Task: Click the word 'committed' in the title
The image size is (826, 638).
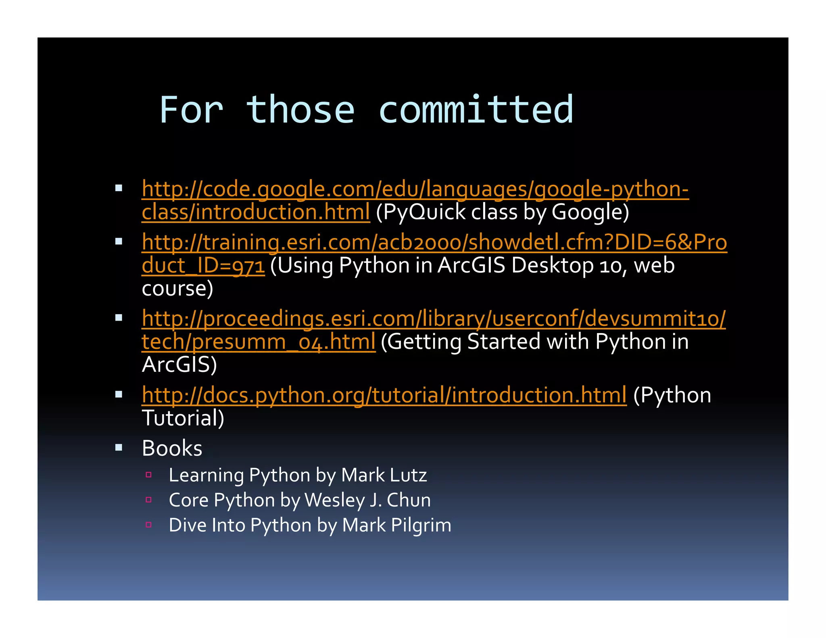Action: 476,110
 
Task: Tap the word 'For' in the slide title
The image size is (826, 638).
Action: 191,110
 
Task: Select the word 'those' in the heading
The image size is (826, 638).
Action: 300,110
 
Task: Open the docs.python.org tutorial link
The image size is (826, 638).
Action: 384,395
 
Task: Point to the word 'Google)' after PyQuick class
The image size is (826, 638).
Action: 590,212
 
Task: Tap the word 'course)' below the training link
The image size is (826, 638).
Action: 177,288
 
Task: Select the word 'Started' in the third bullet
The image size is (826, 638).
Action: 504,342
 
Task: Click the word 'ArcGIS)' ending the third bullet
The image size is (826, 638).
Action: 179,365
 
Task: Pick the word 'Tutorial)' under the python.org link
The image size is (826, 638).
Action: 183,418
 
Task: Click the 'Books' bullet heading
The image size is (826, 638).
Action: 172,448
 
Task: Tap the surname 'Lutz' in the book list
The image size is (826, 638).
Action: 408,475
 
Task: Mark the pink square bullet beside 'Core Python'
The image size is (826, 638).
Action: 148,500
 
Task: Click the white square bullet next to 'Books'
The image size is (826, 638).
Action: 119,447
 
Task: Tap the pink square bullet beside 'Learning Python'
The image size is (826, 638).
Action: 148,475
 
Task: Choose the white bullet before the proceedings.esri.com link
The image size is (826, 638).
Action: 119,318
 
